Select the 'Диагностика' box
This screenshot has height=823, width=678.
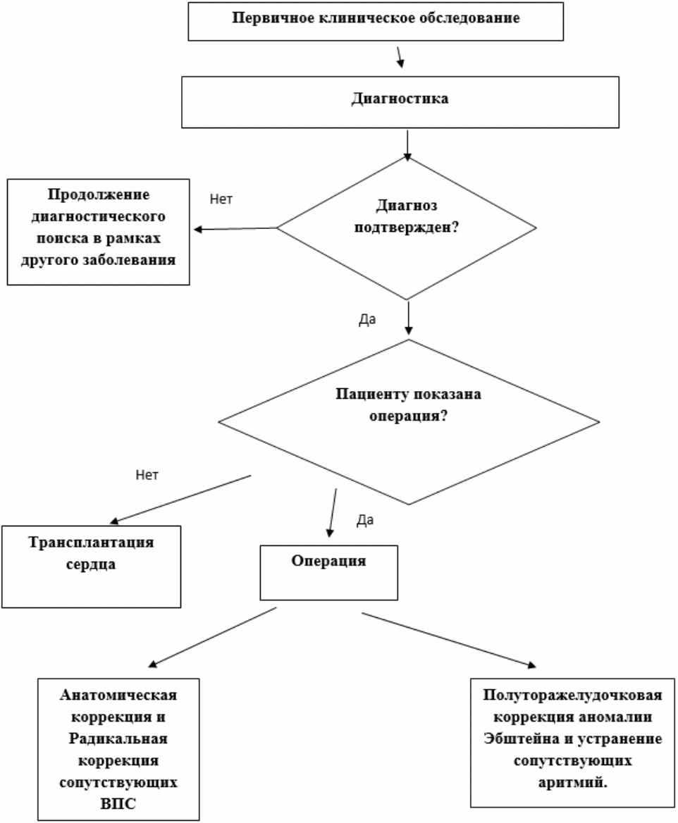coord(399,99)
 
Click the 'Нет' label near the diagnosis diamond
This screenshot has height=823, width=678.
coord(221,199)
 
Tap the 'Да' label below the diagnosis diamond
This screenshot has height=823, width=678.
coord(367,319)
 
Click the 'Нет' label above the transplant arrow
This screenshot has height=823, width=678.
coord(147,475)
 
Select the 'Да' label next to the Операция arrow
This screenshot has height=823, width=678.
coord(365,521)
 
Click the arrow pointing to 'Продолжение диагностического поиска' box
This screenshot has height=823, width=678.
coord(235,229)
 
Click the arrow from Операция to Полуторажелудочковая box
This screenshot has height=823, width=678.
coord(448,638)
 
